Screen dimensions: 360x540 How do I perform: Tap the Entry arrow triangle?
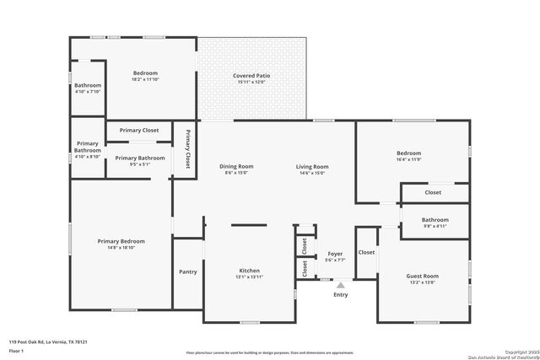pyautogui.click(x=341, y=285)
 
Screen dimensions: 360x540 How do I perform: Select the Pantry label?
pyautogui.click(x=187, y=271)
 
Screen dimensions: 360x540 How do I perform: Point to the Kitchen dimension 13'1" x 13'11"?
pyautogui.click(x=249, y=277)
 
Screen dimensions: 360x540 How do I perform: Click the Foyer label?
pyautogui.click(x=335, y=254)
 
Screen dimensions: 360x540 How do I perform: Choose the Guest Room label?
pyautogui.click(x=423, y=276)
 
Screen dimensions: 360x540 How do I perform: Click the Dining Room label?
pyautogui.click(x=236, y=166)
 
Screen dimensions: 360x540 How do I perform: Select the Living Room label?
pyautogui.click(x=311, y=166)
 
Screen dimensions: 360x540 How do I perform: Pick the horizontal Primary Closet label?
pyautogui.click(x=139, y=131)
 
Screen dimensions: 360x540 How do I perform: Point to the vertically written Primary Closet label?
pyautogui.click(x=187, y=149)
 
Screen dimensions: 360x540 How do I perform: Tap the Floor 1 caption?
pyautogui.click(x=17, y=349)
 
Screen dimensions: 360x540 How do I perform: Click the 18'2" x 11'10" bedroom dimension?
pyautogui.click(x=145, y=79)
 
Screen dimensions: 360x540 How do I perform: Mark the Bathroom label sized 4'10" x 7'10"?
pyautogui.click(x=87, y=85)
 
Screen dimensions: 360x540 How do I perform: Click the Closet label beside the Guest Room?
pyautogui.click(x=366, y=252)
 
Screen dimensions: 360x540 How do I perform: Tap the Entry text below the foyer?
pyautogui.click(x=340, y=295)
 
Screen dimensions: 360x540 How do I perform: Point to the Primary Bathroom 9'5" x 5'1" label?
pyautogui.click(x=140, y=158)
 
